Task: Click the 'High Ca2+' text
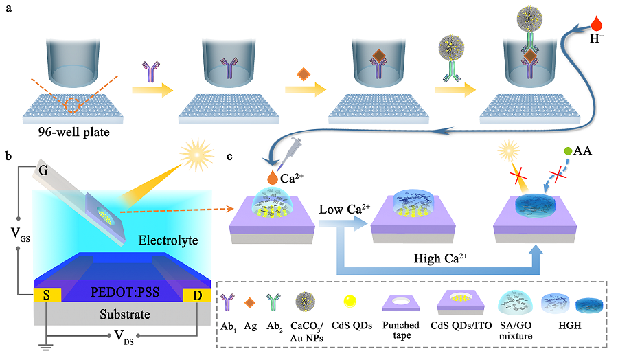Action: click(439, 258)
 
